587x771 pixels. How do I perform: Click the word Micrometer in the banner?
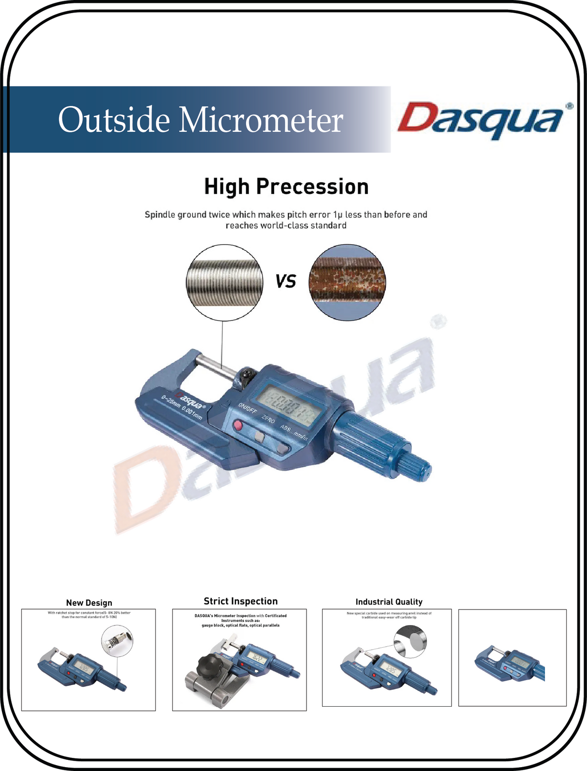click(x=261, y=120)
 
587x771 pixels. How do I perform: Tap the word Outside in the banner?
click(x=114, y=120)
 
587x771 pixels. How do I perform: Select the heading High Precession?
click(x=286, y=187)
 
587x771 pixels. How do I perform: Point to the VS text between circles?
click(x=285, y=281)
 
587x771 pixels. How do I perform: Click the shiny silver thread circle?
click(x=224, y=282)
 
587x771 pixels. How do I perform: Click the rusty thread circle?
click(x=347, y=282)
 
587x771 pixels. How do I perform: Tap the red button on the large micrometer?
click(x=237, y=425)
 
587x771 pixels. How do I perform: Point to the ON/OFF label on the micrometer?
click(x=247, y=408)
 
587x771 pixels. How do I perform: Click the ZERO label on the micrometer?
click(x=268, y=419)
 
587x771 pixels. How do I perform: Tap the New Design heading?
click(x=89, y=603)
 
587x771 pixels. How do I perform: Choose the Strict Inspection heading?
click(x=240, y=601)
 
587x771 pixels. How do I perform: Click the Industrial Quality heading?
click(x=389, y=602)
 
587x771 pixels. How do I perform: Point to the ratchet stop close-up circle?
click(x=117, y=641)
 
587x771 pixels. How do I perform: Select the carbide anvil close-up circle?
click(x=411, y=641)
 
